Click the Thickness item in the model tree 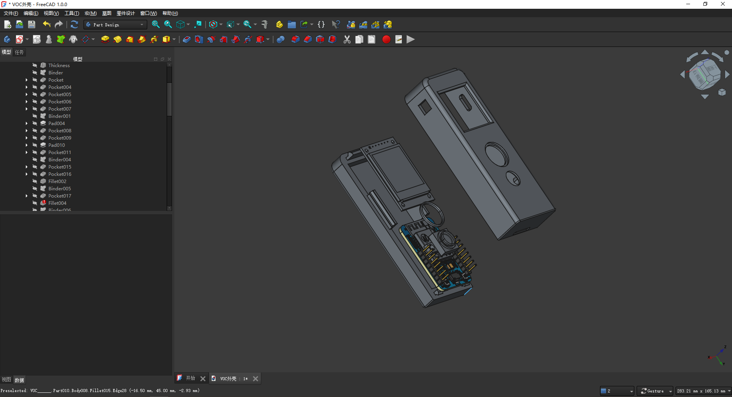(59, 65)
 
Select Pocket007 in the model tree (60, 109)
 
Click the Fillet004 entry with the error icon (57, 203)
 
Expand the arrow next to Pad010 (26, 145)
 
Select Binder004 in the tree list (60, 159)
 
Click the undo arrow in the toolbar (47, 24)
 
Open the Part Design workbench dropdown (115, 24)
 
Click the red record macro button (386, 39)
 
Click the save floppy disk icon (32, 24)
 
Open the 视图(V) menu (51, 13)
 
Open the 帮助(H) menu (170, 13)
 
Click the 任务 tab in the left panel (19, 52)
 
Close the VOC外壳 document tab (256, 379)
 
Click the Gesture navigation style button (655, 391)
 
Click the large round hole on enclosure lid (497, 154)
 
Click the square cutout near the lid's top (425, 107)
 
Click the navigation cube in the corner (704, 74)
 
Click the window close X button (722, 4)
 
